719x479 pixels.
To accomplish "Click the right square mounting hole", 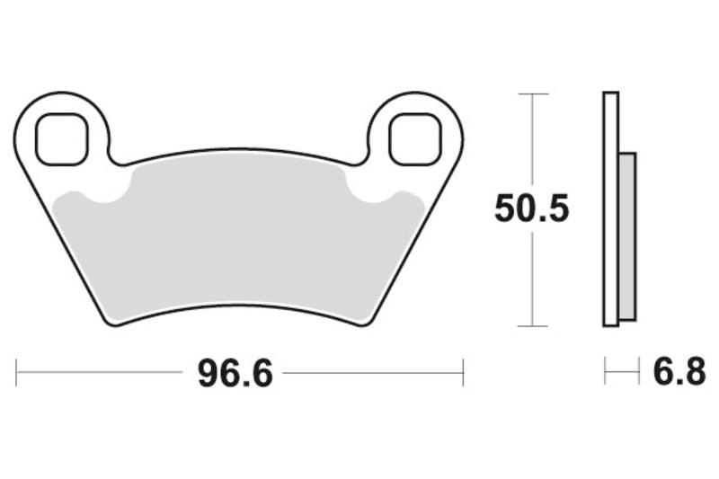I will pos(415,139).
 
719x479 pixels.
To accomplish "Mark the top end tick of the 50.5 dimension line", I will pos(533,93).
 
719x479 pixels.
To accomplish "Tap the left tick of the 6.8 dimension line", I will pos(605,371).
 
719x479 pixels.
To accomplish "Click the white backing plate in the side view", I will pos(611,209).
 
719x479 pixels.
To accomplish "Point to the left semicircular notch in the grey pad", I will pos(103,191).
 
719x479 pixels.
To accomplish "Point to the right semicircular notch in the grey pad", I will pos(373,191).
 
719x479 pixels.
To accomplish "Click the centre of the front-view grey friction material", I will pos(239,238).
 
